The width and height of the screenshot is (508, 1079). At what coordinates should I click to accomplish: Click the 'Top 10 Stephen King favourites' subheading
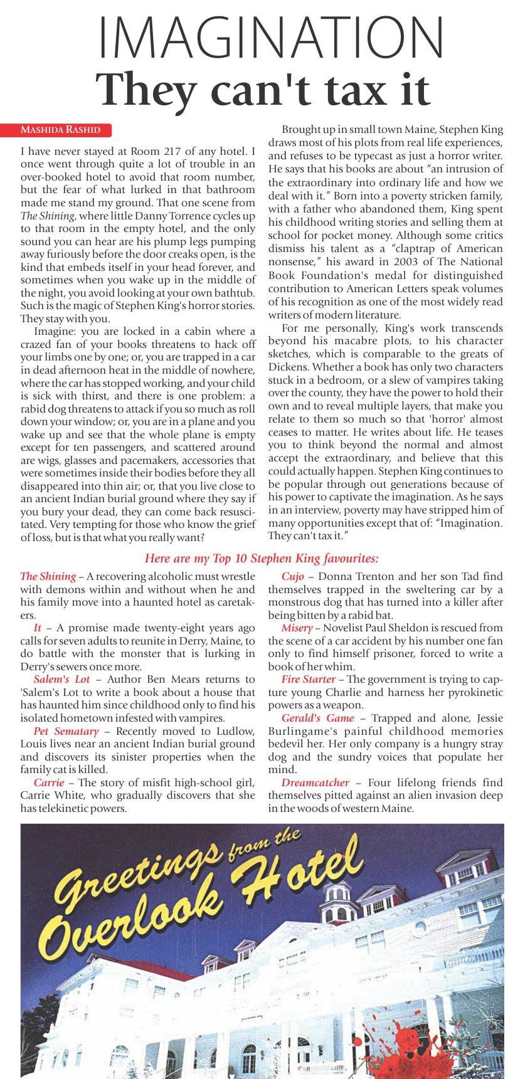[x=262, y=557]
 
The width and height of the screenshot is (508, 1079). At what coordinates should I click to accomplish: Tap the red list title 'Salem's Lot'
[x=61, y=679]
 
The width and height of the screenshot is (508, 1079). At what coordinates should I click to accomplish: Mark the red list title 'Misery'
[x=297, y=628]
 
